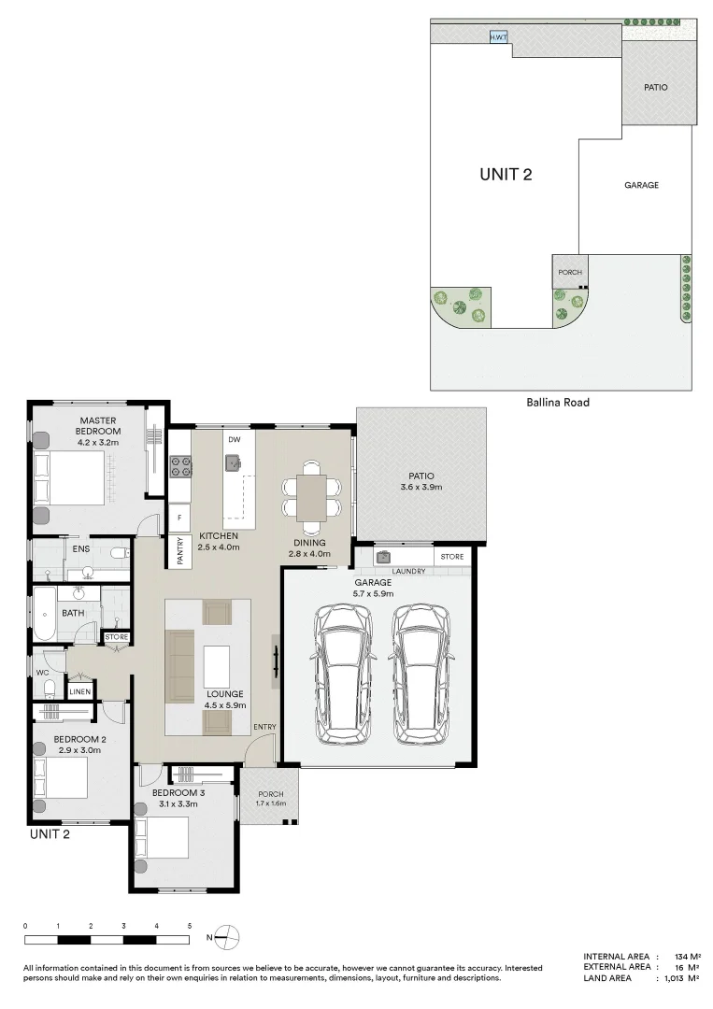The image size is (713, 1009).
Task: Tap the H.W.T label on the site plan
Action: click(499, 38)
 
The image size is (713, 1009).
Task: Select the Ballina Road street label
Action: click(558, 403)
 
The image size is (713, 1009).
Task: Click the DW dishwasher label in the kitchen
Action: click(234, 438)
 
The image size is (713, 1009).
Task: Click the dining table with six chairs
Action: click(310, 491)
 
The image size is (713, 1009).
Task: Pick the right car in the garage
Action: click(421, 675)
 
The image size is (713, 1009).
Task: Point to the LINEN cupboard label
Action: click(79, 691)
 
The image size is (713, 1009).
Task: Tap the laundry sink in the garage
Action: click(383, 558)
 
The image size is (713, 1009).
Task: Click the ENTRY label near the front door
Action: click(264, 727)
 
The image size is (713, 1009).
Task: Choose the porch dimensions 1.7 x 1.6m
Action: click(270, 803)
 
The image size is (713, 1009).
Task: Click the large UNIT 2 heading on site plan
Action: click(506, 174)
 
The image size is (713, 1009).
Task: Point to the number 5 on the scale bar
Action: click(189, 925)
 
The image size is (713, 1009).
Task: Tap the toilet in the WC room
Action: click(49, 689)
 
